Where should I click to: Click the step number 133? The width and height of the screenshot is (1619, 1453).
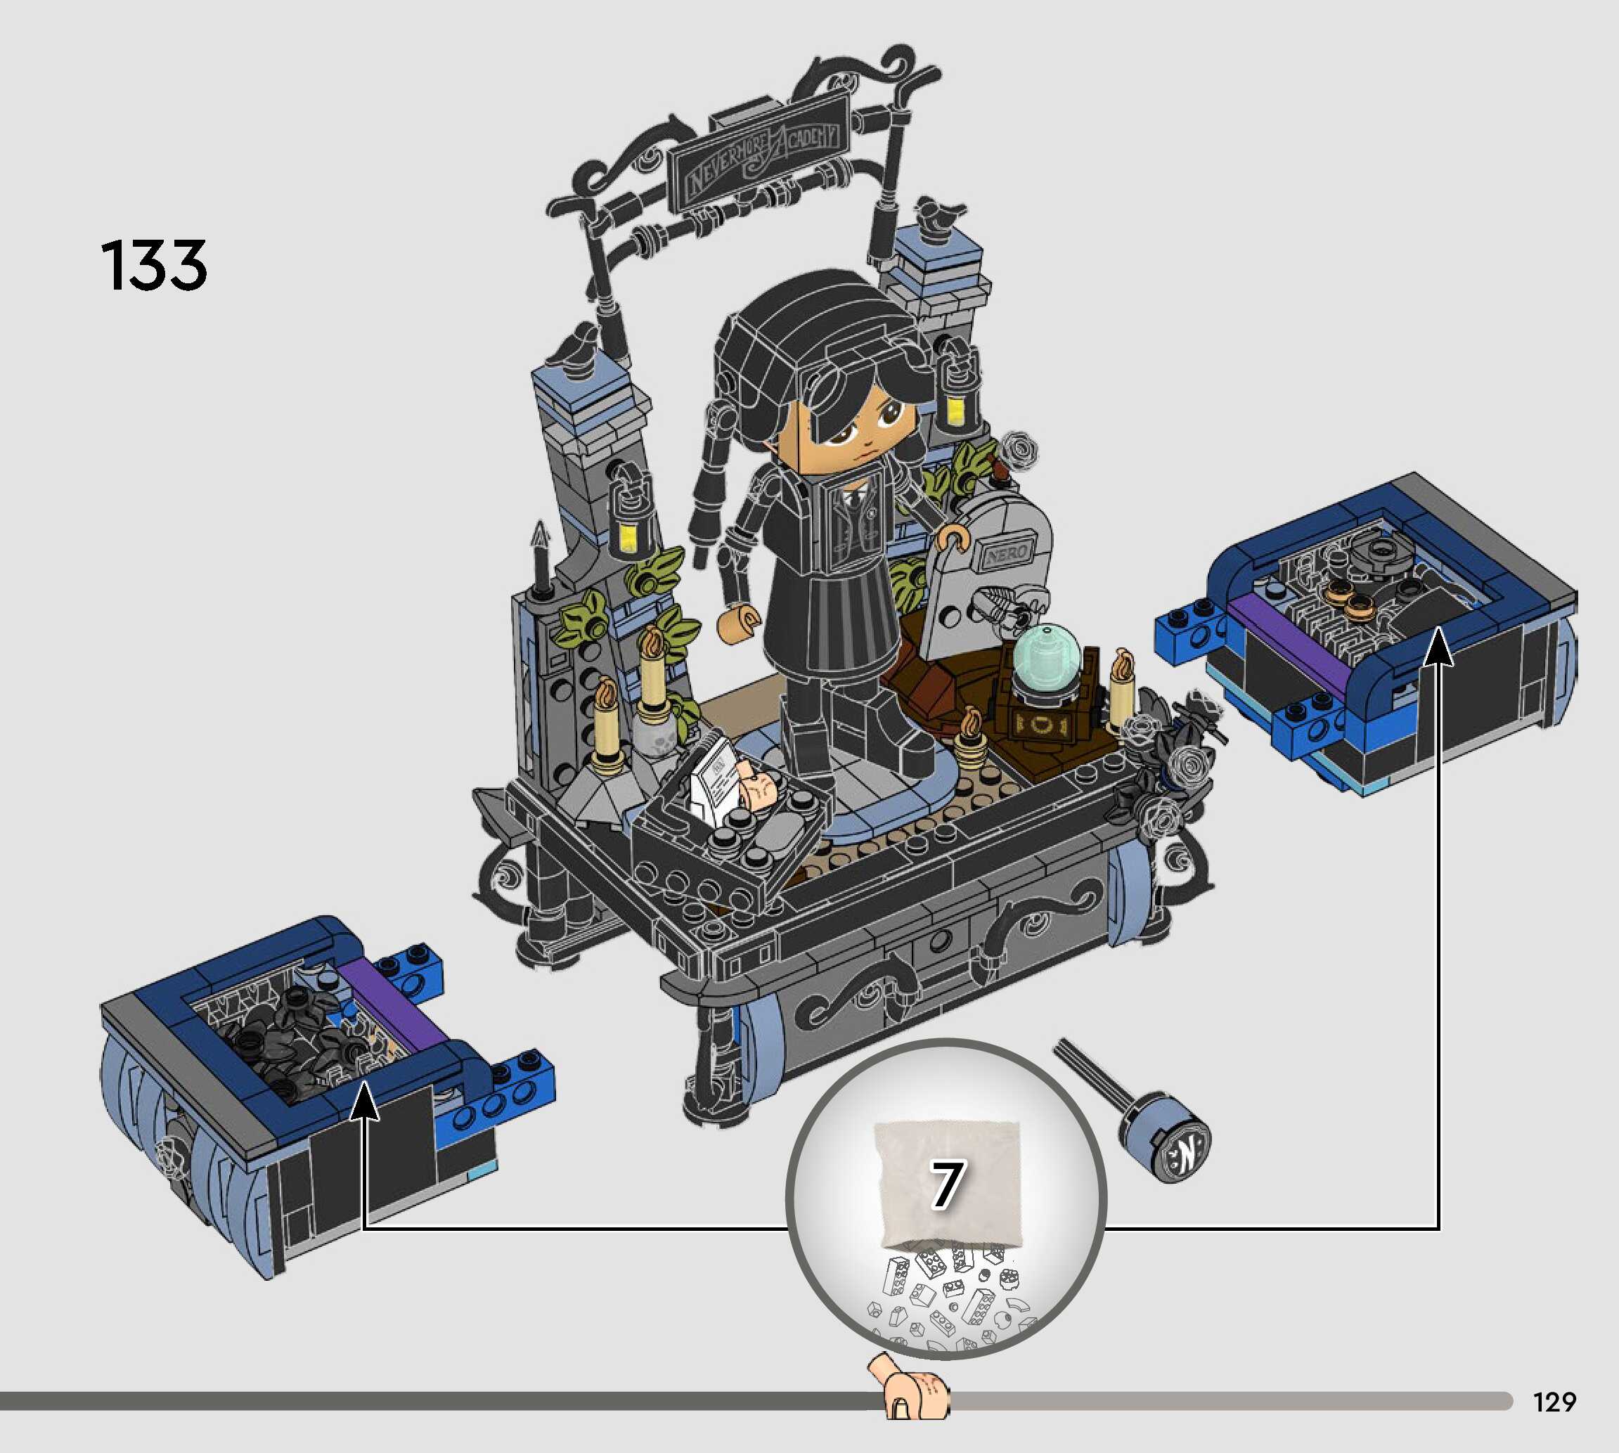[x=154, y=265]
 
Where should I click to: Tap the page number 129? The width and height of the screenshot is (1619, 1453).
[x=1554, y=1401]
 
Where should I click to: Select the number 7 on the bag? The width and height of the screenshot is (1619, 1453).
[x=947, y=1184]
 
